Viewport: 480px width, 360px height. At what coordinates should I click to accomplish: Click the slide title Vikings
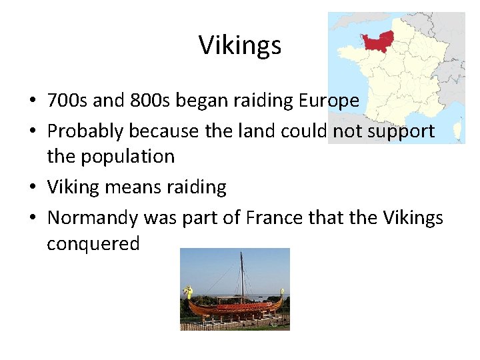[240, 45]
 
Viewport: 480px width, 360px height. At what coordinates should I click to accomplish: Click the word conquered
[93, 243]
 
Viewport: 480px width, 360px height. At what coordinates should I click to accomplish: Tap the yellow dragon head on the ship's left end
[187, 291]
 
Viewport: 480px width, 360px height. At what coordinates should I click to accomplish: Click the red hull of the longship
[233, 309]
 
